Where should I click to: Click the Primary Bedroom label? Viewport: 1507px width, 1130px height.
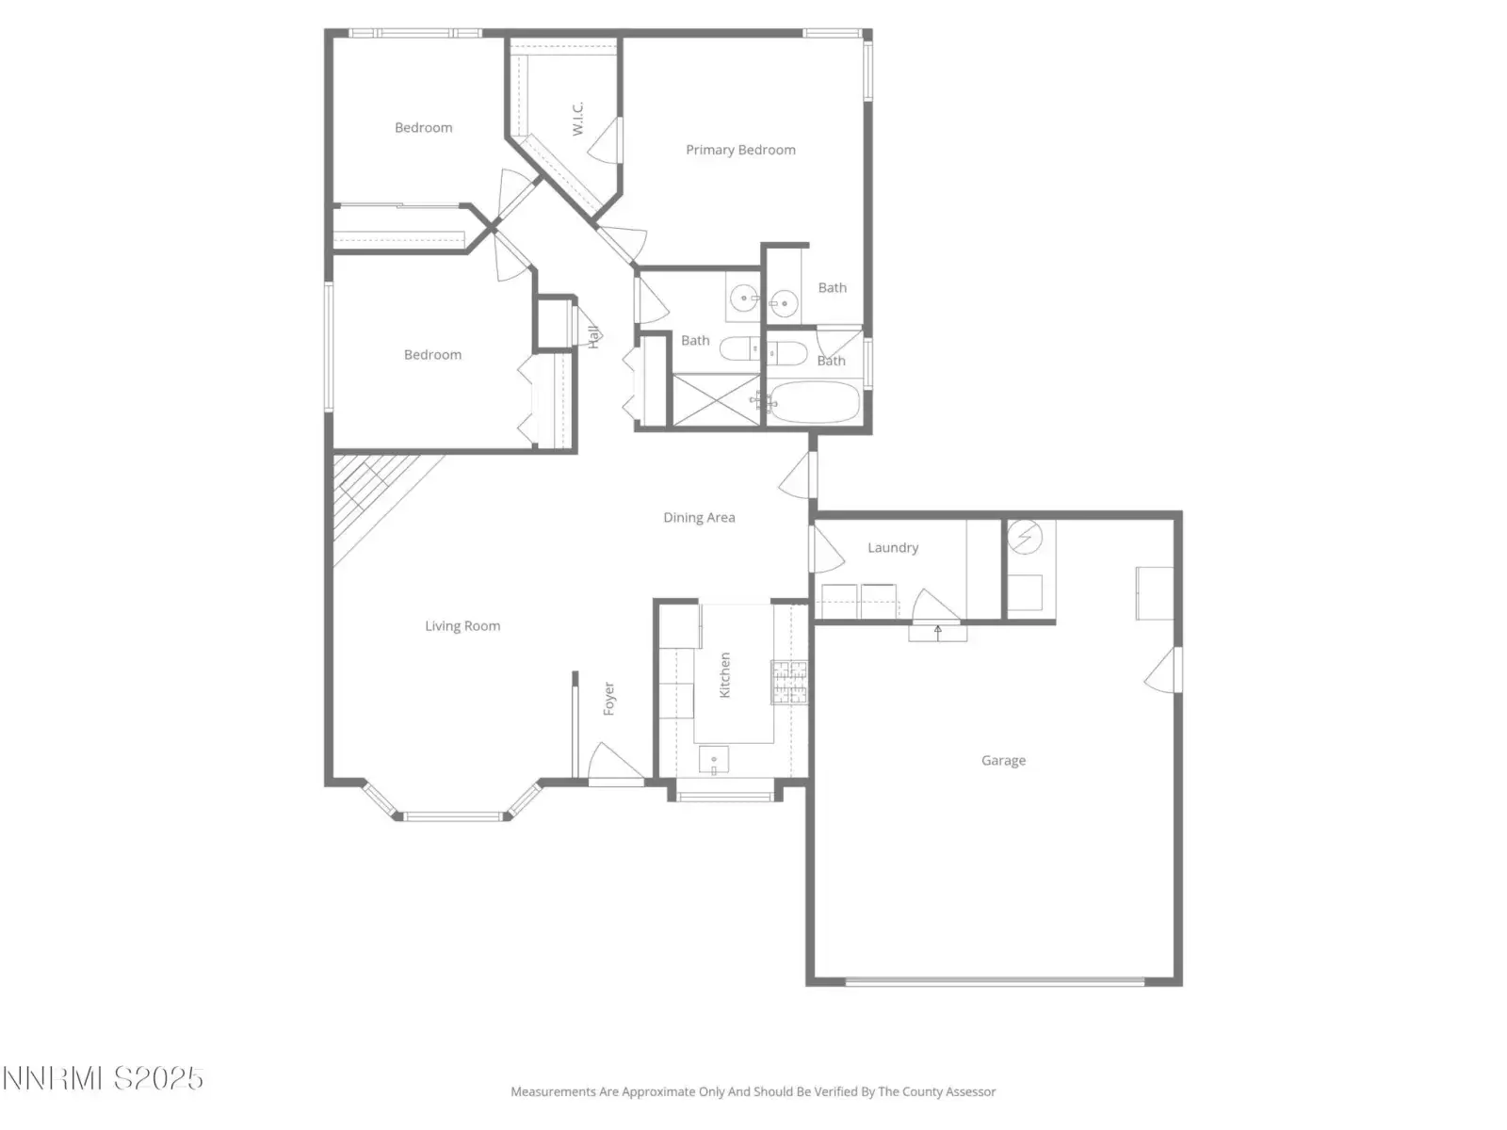coord(740,150)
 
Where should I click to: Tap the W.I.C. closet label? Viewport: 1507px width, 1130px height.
coord(578,118)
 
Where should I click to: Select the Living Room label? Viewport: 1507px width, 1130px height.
coord(462,625)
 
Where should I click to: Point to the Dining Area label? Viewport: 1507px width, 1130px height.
coord(699,517)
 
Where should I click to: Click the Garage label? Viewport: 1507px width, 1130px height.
coord(1003,760)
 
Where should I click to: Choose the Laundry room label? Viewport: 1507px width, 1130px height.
coord(893,547)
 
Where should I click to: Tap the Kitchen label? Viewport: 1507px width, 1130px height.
coord(724,675)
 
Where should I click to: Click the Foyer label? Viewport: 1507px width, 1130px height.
coord(609,699)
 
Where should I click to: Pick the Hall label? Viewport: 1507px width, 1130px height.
coord(594,336)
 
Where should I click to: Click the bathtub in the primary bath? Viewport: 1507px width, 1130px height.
coord(815,402)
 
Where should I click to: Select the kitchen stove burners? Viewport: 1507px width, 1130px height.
coord(789,682)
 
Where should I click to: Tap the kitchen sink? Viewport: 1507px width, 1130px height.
coord(714,760)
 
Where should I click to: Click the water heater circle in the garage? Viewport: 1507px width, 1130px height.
coord(1025,537)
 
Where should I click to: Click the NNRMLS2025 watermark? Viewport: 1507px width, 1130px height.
coord(103,1078)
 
